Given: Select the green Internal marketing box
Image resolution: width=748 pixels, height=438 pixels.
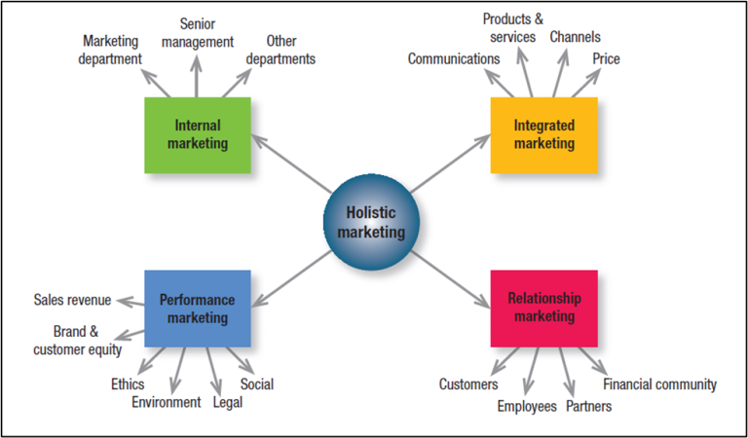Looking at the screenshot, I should (x=198, y=135).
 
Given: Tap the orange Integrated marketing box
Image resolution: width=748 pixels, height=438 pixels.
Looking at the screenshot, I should (x=544, y=135).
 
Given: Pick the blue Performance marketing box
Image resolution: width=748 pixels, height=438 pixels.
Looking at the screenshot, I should (x=198, y=309).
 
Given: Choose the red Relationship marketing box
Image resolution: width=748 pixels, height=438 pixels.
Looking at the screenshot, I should (x=544, y=309).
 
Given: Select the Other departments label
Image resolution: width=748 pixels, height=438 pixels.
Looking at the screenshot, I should (x=280, y=50).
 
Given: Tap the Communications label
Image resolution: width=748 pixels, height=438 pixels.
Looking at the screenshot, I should (x=454, y=59).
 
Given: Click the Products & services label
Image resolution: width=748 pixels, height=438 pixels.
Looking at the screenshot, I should (x=513, y=27).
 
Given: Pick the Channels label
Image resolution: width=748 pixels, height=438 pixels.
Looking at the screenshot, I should (x=575, y=37).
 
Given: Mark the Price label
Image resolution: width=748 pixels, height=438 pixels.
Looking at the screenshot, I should (x=606, y=59).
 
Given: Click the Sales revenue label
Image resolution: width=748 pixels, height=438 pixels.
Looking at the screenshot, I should (x=72, y=300).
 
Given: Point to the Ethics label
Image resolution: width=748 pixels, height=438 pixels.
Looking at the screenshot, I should (x=128, y=384).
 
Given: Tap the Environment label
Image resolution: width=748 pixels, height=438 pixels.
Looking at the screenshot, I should (x=167, y=402).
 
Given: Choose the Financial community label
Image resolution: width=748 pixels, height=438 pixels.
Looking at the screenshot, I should (x=660, y=384).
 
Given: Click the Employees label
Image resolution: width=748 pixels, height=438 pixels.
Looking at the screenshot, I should (x=527, y=406).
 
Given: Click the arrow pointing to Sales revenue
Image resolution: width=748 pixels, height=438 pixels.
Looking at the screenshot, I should (x=130, y=300).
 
